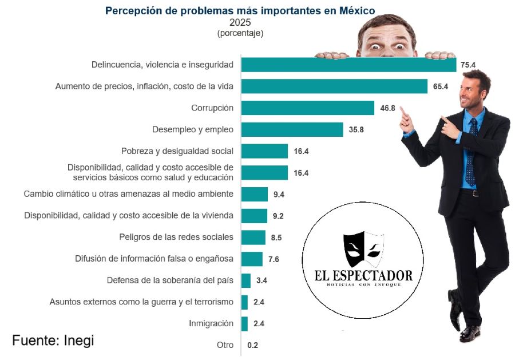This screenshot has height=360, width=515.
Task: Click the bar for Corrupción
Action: pyautogui.click(x=307, y=108)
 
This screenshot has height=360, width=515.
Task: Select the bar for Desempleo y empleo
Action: pyautogui.click(x=292, y=129)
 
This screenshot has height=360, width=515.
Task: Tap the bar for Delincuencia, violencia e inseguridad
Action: pyautogui.click(x=348, y=65)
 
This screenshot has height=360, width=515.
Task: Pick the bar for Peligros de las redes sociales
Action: pyautogui.click(x=253, y=238)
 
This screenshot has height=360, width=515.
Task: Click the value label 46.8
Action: pyautogui.click(x=387, y=108)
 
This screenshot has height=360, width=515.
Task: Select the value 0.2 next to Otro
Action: pyautogui.click(x=252, y=345)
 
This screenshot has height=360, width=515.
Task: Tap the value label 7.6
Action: pyautogui.click(x=273, y=259)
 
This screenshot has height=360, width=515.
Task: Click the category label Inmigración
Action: pyautogui.click(x=211, y=323)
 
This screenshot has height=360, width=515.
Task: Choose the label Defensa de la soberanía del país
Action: pyautogui.click(x=170, y=280)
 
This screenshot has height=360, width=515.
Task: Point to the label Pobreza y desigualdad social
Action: pyautogui.click(x=177, y=151)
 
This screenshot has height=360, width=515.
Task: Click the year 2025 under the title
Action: pyautogui.click(x=240, y=23)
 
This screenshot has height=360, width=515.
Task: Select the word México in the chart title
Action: pyautogui.click(x=355, y=10)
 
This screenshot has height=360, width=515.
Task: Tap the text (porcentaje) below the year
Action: pyautogui.click(x=240, y=34)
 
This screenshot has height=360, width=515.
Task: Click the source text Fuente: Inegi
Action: pyautogui.click(x=53, y=340)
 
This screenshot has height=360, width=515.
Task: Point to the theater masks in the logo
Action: pyautogui.click(x=363, y=250)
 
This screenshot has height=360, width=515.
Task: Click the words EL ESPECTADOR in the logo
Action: pyautogui.click(x=363, y=275)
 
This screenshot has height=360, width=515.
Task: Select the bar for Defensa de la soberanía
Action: pyautogui.click(x=246, y=280)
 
